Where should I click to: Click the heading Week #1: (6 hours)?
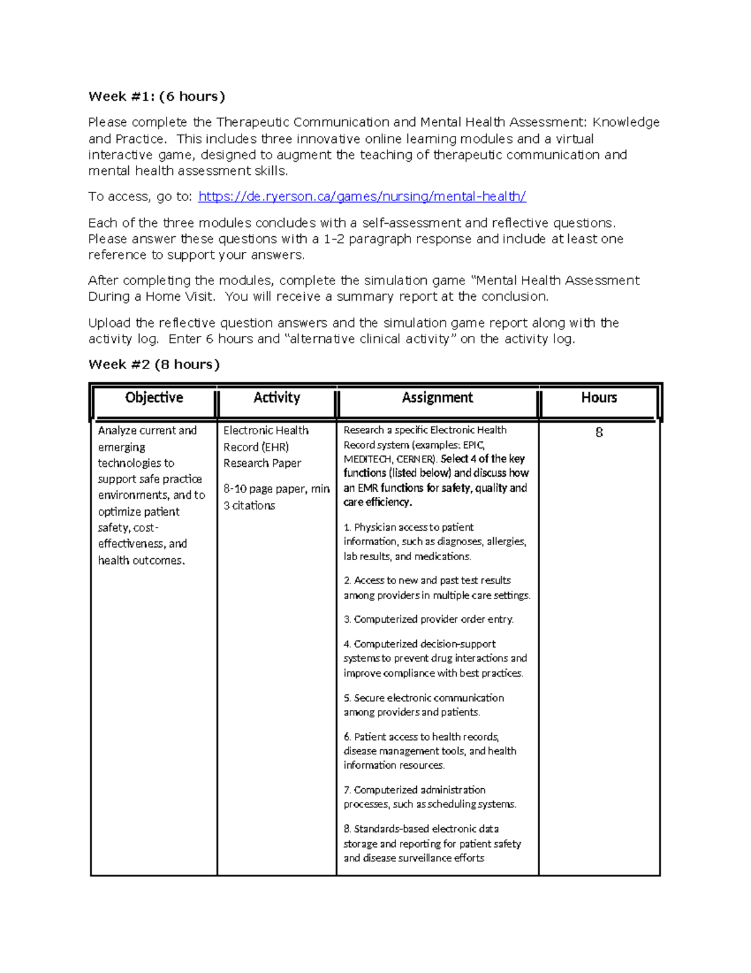pyautogui.click(x=156, y=96)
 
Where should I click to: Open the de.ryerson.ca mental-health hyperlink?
pyautogui.click(x=362, y=197)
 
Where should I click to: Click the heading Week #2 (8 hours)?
pyautogui.click(x=154, y=365)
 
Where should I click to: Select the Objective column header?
pyautogui.click(x=154, y=398)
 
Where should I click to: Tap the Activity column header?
pyautogui.click(x=277, y=398)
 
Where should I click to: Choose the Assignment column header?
pyautogui.click(x=437, y=398)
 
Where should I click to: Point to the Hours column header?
pyautogui.click(x=599, y=398)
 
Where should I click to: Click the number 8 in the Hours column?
pyautogui.click(x=599, y=432)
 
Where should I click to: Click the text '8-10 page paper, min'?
pyautogui.click(x=276, y=489)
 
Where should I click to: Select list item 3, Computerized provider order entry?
pyautogui.click(x=429, y=619)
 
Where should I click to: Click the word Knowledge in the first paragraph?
pyautogui.click(x=626, y=122)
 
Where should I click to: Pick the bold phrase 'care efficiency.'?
pyautogui.click(x=377, y=502)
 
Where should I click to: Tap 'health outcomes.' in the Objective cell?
pyautogui.click(x=141, y=561)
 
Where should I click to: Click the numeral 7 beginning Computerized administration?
pyautogui.click(x=347, y=790)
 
